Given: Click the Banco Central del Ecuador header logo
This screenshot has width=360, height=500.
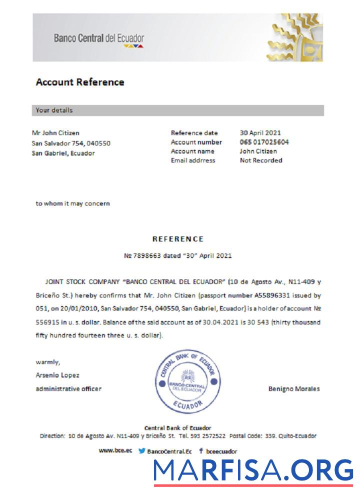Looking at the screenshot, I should pos(99,39).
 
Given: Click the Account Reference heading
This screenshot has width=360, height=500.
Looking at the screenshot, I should pos(80,82).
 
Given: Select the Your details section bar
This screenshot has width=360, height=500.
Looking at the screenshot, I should pos(178,110).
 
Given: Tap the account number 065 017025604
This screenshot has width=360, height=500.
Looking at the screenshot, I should pos(264,142).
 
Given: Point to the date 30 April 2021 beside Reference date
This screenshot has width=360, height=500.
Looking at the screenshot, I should pos(260,133).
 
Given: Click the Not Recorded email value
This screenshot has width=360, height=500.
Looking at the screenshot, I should pos(261,160).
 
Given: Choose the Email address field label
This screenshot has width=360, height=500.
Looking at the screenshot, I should pos(193,160).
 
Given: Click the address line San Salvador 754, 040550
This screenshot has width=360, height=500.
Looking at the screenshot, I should pos(71,143).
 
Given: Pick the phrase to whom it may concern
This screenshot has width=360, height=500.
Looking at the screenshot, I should pos(72,203).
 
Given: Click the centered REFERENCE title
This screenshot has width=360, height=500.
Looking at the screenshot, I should pos(178,239).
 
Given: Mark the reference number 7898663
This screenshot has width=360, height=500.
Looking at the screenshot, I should pos(145,255).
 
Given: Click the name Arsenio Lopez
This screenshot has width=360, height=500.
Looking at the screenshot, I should pos(57,375).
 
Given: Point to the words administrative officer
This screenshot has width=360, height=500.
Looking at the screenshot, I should pos(68,388).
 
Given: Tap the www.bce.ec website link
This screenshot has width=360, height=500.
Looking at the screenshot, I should pos(115,450).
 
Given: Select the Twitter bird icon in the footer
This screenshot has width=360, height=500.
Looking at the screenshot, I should pos(142,450).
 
